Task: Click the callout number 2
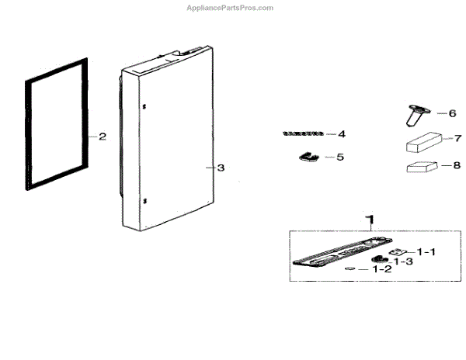[x=103, y=136]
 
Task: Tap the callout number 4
[x=341, y=133]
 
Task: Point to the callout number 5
[x=339, y=157]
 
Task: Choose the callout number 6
[x=452, y=112]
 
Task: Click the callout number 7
[x=457, y=138]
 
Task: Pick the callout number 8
[x=457, y=164]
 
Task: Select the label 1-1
[x=426, y=251]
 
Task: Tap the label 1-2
[x=381, y=269]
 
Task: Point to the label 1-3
[x=402, y=261]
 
